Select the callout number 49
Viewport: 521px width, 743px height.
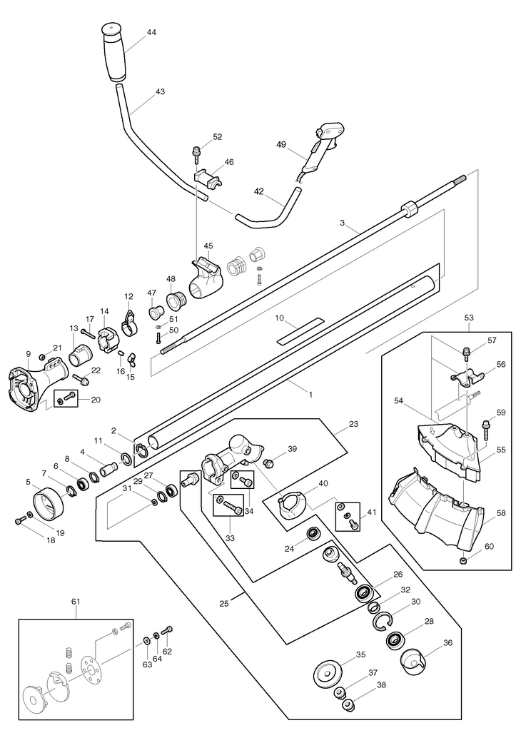(281, 143)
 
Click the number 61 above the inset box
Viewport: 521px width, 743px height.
(76, 601)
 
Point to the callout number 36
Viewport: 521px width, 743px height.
(447, 642)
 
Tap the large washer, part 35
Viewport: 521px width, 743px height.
(328, 672)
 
